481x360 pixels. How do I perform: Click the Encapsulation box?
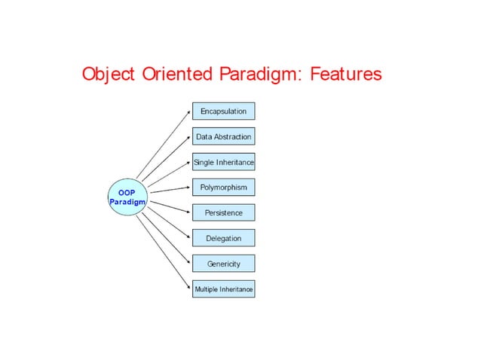(x=223, y=111)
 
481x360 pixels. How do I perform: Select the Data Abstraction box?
(x=223, y=136)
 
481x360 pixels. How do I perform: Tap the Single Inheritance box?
(x=223, y=162)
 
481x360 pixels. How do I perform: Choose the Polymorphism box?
(x=223, y=187)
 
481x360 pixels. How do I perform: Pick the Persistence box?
(x=223, y=212)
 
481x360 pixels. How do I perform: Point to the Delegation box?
(x=223, y=238)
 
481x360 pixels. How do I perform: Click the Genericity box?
(x=223, y=264)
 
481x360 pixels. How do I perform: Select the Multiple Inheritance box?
(x=223, y=289)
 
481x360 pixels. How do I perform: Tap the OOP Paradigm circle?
(x=127, y=197)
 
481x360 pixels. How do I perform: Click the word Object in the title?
(x=109, y=75)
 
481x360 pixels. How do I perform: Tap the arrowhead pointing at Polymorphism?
(x=189, y=188)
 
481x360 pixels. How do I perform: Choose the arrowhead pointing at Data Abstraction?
(x=189, y=137)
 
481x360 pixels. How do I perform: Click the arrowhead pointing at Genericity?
(x=189, y=263)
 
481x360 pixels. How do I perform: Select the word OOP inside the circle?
(x=127, y=192)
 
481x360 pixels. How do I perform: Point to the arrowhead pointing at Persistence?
(x=189, y=212)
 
